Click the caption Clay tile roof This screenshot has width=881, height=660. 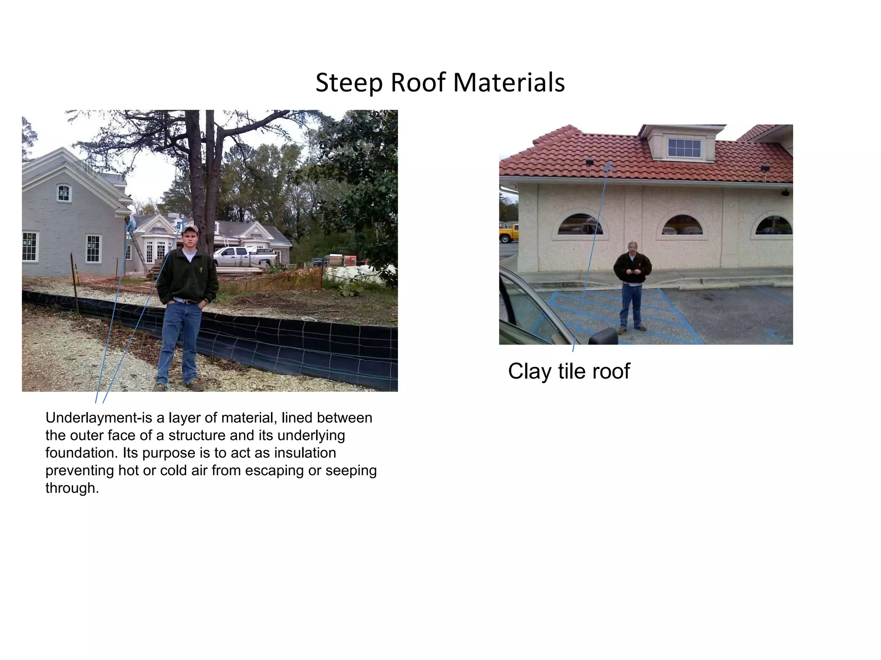(568, 371)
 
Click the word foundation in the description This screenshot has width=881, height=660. (81, 453)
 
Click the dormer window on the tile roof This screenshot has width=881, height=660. (684, 148)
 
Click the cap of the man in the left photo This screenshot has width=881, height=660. (189, 228)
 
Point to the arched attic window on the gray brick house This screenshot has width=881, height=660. (63, 193)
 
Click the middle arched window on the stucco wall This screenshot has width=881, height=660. (682, 226)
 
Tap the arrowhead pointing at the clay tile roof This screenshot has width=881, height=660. (608, 166)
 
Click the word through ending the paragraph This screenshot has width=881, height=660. (71, 488)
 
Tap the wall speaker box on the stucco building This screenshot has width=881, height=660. (785, 192)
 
